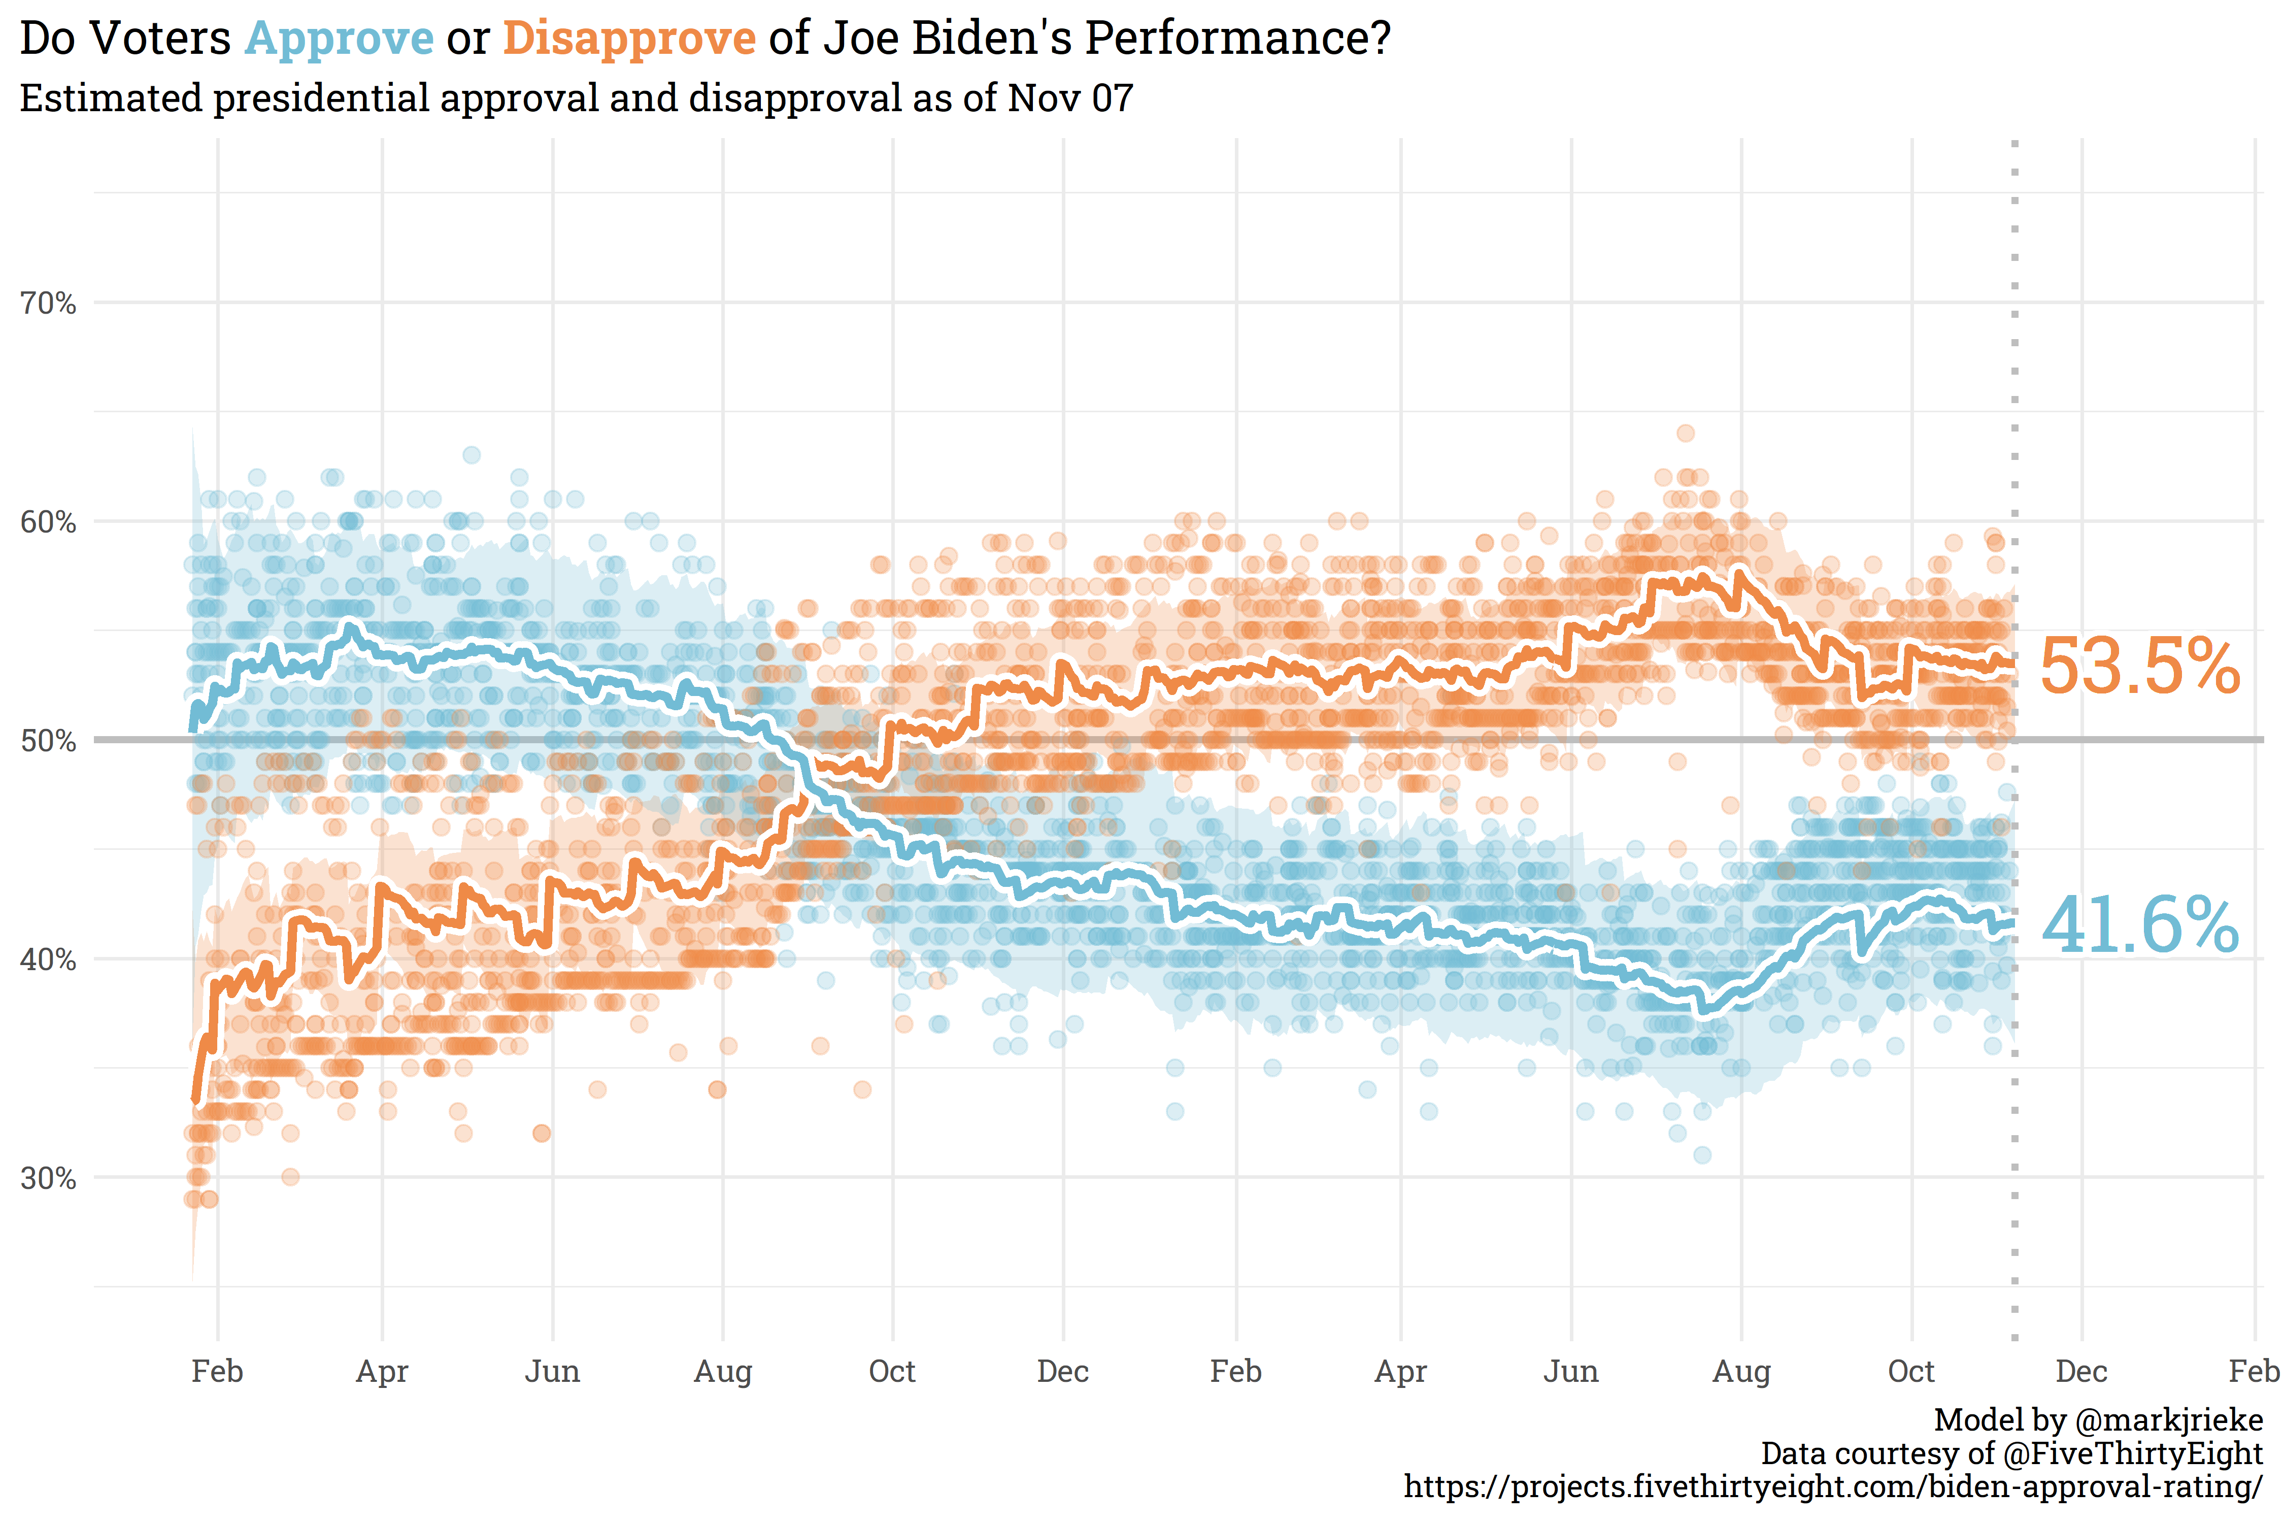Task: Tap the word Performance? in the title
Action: [x=1237, y=39]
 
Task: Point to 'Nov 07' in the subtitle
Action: [x=1070, y=98]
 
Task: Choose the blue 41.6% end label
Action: [x=2139, y=925]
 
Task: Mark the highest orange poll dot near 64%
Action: [x=1686, y=433]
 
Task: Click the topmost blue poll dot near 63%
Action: [x=471, y=454]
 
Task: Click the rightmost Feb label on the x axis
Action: [x=2253, y=1372]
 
